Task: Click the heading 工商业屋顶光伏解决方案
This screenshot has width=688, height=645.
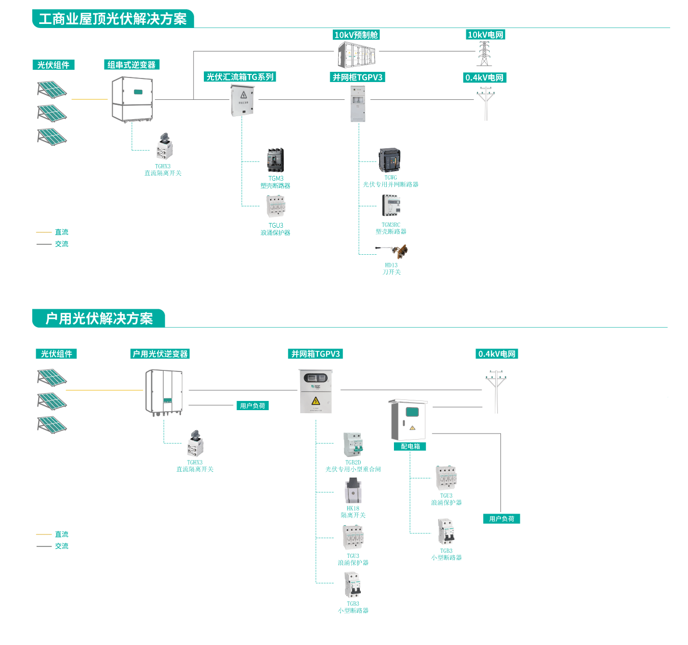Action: click(x=113, y=19)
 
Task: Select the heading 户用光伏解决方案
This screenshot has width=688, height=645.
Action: click(x=99, y=318)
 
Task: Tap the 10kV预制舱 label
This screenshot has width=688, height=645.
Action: click(x=356, y=35)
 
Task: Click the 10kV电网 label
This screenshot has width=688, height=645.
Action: click(x=485, y=35)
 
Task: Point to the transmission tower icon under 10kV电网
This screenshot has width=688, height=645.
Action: click(x=484, y=53)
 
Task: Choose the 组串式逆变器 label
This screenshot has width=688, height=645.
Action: click(x=131, y=65)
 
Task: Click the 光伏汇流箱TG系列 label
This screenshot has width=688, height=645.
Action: click(x=240, y=77)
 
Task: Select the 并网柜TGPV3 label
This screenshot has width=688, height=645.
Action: click(x=357, y=77)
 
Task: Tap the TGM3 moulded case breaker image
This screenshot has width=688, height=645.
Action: click(x=275, y=160)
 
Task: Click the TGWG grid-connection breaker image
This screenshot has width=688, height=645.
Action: click(x=389, y=160)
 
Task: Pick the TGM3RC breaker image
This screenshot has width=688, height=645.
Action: click(x=391, y=206)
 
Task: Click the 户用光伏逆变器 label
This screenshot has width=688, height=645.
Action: click(x=160, y=354)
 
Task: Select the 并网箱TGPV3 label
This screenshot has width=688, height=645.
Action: click(x=315, y=354)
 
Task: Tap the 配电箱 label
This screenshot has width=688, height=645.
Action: click(x=410, y=446)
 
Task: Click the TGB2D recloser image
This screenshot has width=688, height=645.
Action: click(x=353, y=445)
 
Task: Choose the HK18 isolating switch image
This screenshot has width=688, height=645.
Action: click(x=353, y=490)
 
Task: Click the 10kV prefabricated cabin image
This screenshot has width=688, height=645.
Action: click(x=357, y=54)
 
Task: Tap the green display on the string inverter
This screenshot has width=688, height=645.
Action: click(x=138, y=92)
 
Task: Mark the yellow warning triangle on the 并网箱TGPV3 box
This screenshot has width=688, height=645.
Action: click(x=315, y=400)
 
